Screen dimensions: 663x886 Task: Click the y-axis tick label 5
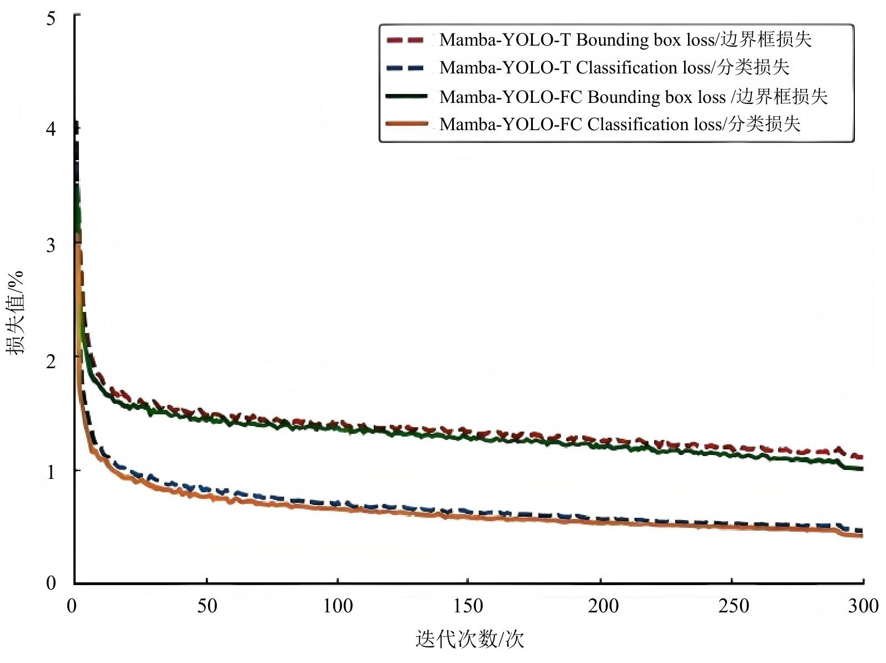[x=51, y=19]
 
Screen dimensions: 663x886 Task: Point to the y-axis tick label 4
[x=51, y=130]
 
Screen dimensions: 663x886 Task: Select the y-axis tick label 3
[x=51, y=245]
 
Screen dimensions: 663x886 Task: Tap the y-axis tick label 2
[x=51, y=362]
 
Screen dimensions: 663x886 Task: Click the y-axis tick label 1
[x=51, y=472]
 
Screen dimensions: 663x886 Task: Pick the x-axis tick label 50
[x=207, y=606]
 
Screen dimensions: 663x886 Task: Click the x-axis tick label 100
[x=338, y=606]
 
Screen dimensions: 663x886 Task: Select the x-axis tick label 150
[x=468, y=606]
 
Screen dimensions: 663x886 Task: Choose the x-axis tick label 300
[x=863, y=606]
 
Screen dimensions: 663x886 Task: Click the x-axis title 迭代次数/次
[x=470, y=639]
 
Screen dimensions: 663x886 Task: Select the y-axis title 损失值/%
[x=16, y=313]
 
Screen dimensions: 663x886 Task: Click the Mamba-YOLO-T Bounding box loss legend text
[x=625, y=40]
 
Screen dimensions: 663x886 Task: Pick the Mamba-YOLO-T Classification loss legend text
[x=614, y=68]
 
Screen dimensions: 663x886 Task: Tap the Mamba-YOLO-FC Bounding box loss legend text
[x=633, y=97]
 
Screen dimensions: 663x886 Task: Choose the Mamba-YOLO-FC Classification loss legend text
[x=620, y=124]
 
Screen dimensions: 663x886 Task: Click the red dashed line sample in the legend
[x=405, y=40]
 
